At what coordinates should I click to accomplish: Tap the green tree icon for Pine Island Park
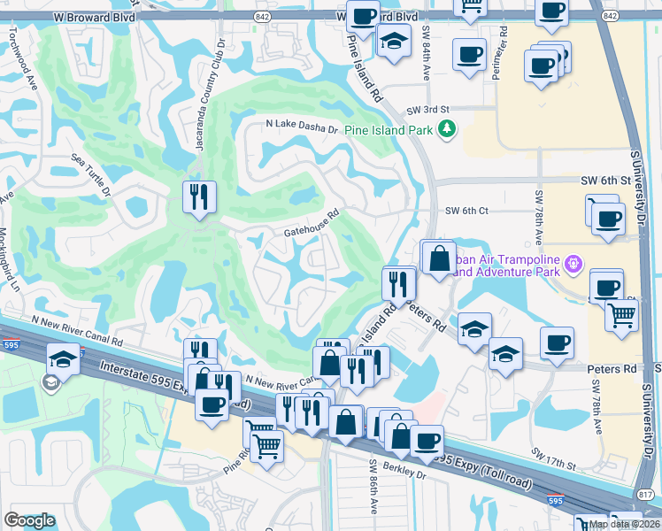coord(448,129)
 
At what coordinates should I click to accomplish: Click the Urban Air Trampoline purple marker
coord(573,263)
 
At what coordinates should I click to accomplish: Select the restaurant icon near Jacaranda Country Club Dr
coord(199,196)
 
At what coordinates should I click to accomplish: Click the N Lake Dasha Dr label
coord(303,127)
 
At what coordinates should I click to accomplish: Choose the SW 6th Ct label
coord(466,211)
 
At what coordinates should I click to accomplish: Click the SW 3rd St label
coord(423,110)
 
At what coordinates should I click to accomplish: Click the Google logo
coord(29,520)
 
